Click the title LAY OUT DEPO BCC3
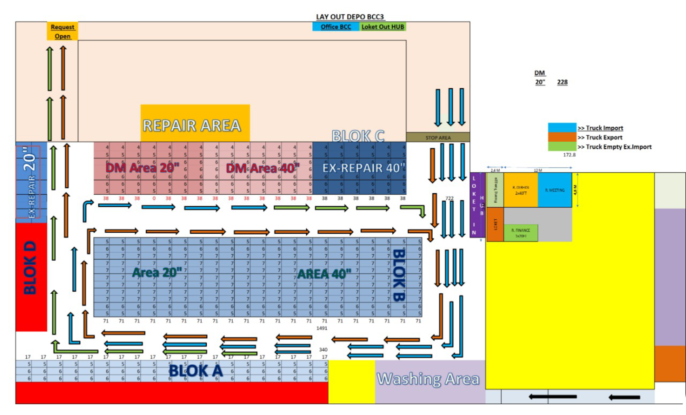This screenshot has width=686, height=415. click(x=350, y=17)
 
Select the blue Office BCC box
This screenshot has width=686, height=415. click(x=335, y=27)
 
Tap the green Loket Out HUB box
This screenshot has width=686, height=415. click(x=382, y=27)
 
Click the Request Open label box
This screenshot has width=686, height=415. click(x=62, y=31)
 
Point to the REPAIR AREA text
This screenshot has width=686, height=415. click(x=192, y=126)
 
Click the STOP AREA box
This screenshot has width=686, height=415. click(x=438, y=137)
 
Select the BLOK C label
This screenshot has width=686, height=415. click(x=358, y=136)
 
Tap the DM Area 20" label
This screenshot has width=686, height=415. click(x=142, y=168)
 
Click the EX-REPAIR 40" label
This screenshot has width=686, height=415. click(x=364, y=168)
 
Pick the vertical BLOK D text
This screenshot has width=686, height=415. click(x=30, y=267)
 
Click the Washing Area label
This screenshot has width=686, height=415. click(x=428, y=379)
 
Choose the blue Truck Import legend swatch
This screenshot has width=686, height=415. click(x=562, y=127)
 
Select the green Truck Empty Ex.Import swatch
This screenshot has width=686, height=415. click(x=562, y=146)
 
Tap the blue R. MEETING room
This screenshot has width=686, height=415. click(x=554, y=190)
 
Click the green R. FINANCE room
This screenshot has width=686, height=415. click(x=521, y=233)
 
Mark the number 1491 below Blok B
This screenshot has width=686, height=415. click(x=322, y=328)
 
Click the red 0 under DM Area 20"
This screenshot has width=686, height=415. click(x=154, y=198)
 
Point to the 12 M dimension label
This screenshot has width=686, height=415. click(x=538, y=170)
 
